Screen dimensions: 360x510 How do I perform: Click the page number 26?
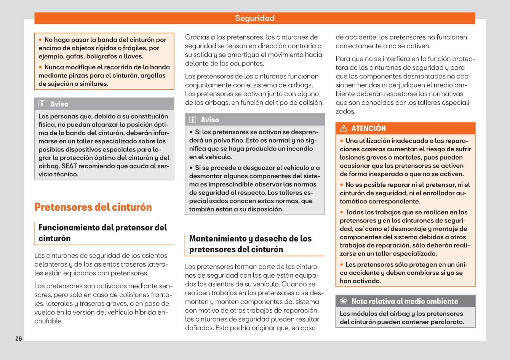click(x=19, y=339)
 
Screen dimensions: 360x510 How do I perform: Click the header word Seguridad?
click(x=254, y=18)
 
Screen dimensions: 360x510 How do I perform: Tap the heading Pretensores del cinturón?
click(x=93, y=207)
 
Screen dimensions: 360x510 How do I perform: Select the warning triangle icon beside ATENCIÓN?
click(x=344, y=128)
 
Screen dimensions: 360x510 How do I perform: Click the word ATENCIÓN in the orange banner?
click(x=368, y=128)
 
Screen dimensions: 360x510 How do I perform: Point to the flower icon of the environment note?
click(x=344, y=301)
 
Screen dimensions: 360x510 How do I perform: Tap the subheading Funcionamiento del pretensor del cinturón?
click(x=102, y=233)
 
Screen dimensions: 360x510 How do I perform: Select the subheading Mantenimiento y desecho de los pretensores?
click(x=250, y=244)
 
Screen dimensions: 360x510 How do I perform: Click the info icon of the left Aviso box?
click(x=42, y=104)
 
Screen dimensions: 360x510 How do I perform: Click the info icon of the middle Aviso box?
click(x=193, y=120)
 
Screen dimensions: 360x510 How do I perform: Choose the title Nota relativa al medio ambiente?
click(x=404, y=301)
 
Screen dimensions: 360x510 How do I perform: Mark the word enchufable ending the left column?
click(x=48, y=321)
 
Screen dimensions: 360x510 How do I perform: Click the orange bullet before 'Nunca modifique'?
click(x=40, y=67)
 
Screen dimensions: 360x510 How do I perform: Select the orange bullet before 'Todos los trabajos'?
click(x=342, y=212)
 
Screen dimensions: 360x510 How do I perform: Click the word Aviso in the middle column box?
click(x=210, y=120)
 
